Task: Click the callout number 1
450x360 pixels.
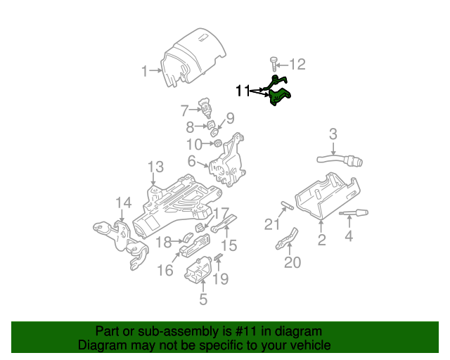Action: coord(144,70)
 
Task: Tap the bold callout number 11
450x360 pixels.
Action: coord(243,90)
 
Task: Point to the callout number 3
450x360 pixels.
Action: coord(333,134)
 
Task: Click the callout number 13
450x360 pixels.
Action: coord(155,167)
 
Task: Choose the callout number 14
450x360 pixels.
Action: coord(123,203)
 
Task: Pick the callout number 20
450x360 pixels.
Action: coord(292,263)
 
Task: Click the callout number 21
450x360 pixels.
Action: coord(272,224)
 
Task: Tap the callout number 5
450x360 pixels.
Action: coord(203,300)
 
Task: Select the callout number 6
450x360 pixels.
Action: coord(191,161)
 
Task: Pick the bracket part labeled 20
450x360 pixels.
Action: coord(286,239)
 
